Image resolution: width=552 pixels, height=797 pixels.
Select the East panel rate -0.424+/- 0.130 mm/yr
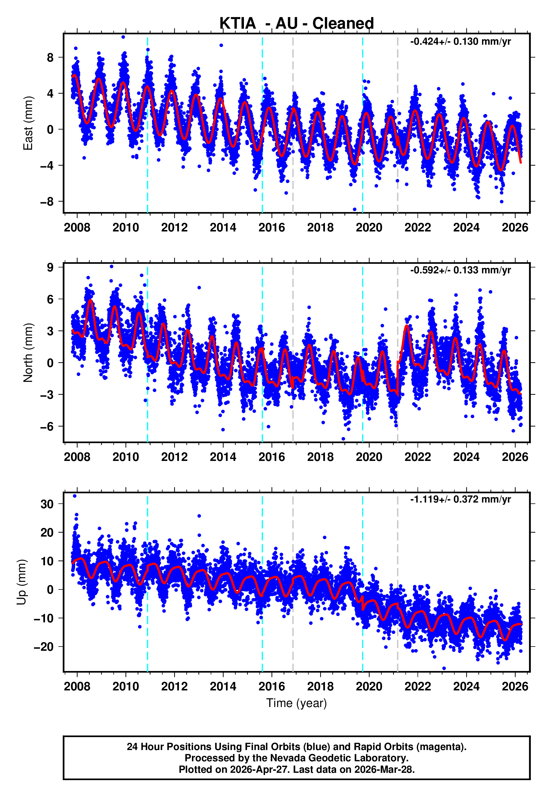(460, 42)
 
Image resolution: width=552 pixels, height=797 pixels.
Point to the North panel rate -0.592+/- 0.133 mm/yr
(460, 270)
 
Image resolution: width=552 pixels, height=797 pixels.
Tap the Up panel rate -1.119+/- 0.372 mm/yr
(460, 499)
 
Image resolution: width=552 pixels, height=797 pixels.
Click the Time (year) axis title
(297, 703)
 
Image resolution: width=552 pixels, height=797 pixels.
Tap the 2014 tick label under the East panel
(223, 228)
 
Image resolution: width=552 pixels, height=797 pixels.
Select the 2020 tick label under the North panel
(369, 457)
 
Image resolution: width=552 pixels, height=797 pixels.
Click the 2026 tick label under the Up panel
(515, 686)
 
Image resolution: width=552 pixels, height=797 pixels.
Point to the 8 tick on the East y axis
(50, 57)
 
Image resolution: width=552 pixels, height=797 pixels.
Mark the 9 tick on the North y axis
(50, 267)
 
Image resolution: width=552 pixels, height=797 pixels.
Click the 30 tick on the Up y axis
(47, 504)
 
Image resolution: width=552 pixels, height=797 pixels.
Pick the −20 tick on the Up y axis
(44, 647)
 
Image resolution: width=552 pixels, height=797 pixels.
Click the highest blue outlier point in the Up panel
(75, 496)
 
